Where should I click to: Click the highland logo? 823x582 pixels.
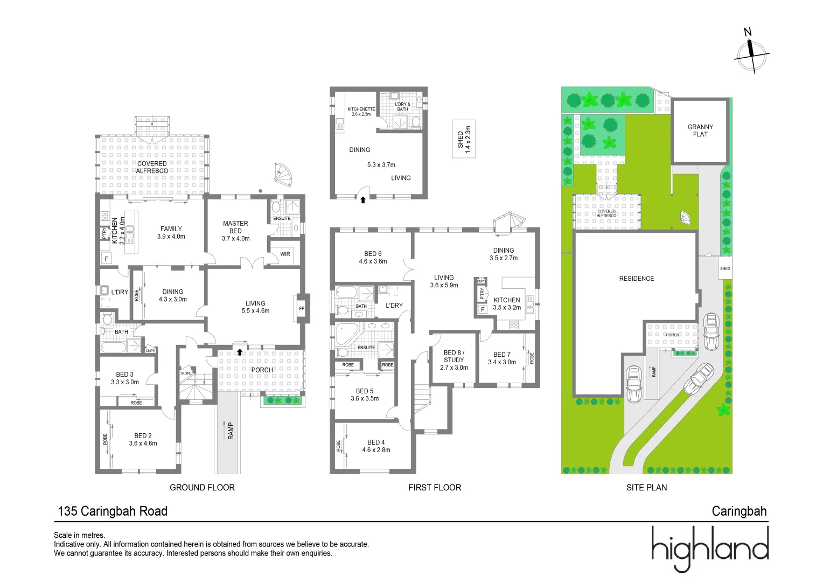pyautogui.click(x=710, y=549)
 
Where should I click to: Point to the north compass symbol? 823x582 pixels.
pyautogui.click(x=751, y=53)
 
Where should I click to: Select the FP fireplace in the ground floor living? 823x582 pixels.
pyautogui.click(x=302, y=308)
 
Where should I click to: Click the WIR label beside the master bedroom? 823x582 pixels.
pyautogui.click(x=285, y=254)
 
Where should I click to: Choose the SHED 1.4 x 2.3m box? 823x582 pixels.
pyautogui.click(x=464, y=139)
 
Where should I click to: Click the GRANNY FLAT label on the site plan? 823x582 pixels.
pyautogui.click(x=700, y=130)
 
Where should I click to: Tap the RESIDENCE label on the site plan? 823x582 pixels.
pyautogui.click(x=637, y=279)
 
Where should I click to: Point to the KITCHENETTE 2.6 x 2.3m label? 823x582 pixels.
pyautogui.click(x=361, y=112)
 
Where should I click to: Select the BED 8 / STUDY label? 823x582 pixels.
pyautogui.click(x=454, y=360)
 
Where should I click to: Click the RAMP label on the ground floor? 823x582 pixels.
pyautogui.click(x=231, y=431)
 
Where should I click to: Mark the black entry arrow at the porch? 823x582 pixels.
pyautogui.click(x=240, y=352)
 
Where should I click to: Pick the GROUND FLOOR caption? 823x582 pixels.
pyautogui.click(x=202, y=488)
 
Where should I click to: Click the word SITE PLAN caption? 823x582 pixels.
pyautogui.click(x=646, y=488)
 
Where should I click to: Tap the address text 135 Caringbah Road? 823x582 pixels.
pyautogui.click(x=113, y=511)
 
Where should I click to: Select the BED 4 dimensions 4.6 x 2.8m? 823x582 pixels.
pyautogui.click(x=376, y=450)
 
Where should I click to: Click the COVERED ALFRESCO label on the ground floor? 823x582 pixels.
pyautogui.click(x=152, y=167)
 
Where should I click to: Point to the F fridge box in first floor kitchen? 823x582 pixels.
pyautogui.click(x=483, y=309)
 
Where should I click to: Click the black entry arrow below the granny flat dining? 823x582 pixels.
pyautogui.click(x=363, y=200)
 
